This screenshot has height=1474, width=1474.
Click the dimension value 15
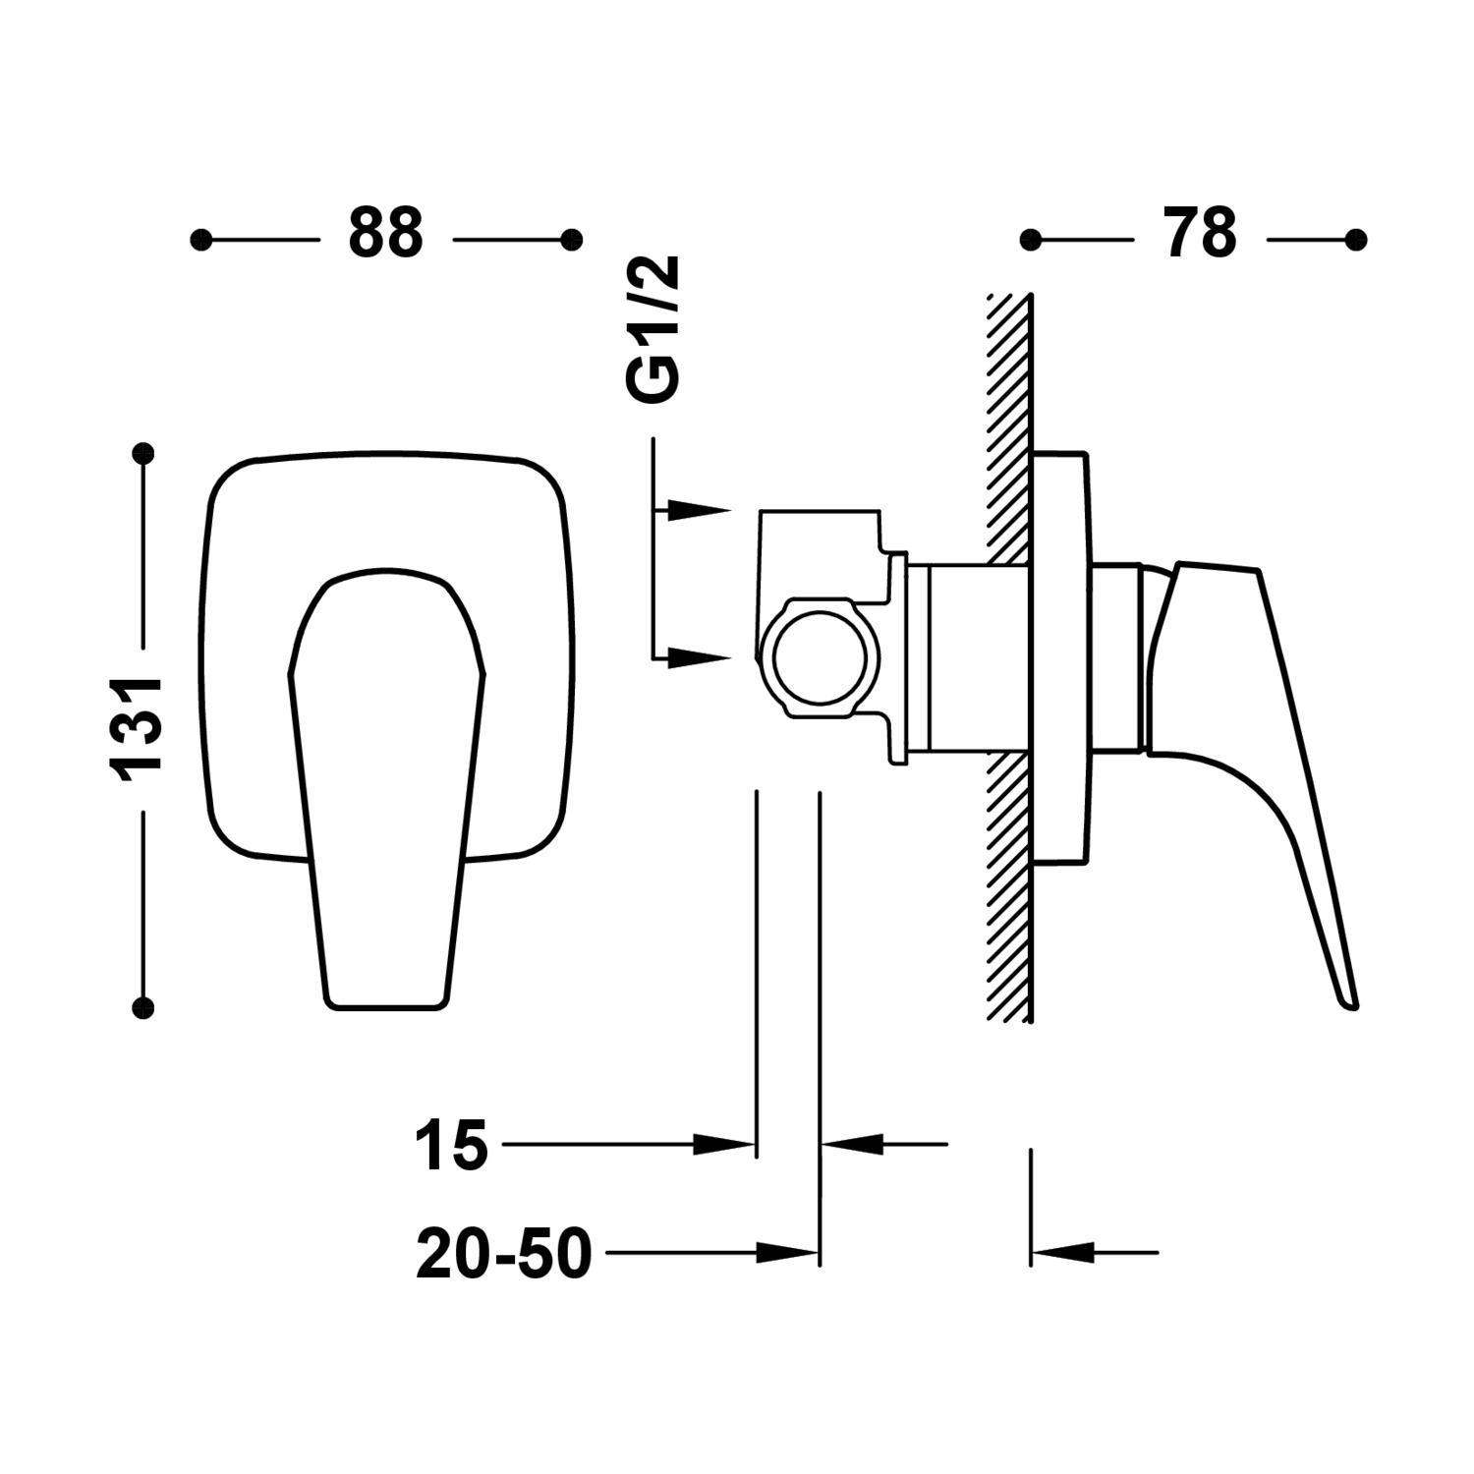coord(451,1145)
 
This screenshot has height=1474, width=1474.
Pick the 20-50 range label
coord(504,1255)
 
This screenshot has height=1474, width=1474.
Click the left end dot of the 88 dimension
coord(200,240)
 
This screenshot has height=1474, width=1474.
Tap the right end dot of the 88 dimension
coord(571,240)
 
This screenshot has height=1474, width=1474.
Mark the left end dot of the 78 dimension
coord(1030,240)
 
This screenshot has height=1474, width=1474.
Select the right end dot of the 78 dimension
coord(1356,240)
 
